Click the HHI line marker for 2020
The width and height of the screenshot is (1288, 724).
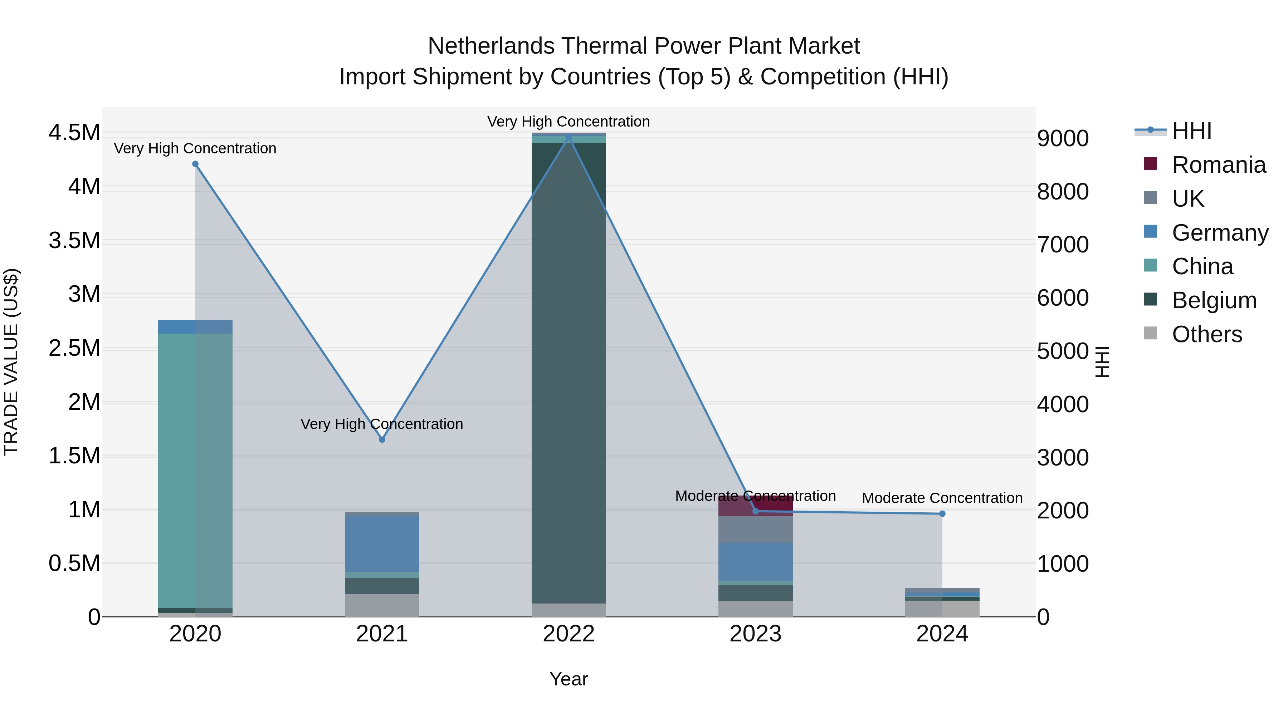[195, 164]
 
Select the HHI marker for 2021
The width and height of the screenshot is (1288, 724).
[382, 440]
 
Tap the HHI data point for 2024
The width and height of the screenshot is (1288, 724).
[942, 514]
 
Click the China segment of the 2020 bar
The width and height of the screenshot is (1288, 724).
[195, 470]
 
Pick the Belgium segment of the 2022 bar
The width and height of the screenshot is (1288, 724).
[569, 372]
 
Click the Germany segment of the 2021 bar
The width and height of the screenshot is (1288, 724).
[382, 543]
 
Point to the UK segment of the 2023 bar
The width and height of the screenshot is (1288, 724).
[756, 530]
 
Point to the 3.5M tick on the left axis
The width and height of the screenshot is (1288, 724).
[74, 241]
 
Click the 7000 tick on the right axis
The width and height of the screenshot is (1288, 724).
[1063, 245]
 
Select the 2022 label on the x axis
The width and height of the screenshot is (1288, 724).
[569, 634]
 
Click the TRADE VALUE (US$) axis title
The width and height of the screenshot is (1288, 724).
[11, 362]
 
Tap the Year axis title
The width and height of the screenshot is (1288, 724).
[569, 679]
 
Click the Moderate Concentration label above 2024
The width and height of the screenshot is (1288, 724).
[942, 498]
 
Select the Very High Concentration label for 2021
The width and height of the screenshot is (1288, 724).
[382, 424]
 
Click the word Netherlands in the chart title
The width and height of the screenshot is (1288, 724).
[491, 46]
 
